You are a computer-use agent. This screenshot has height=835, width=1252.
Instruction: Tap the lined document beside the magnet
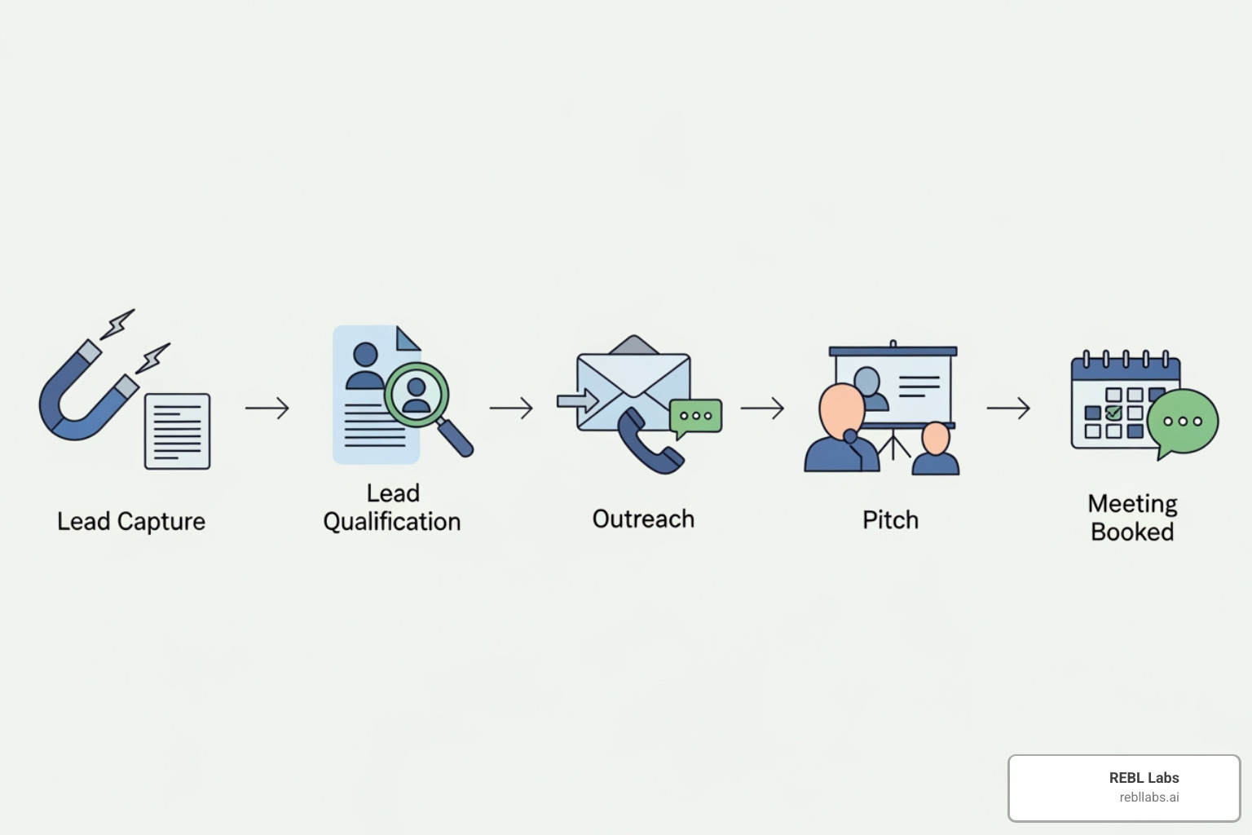tap(177, 431)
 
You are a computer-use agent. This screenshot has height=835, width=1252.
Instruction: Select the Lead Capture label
tap(131, 521)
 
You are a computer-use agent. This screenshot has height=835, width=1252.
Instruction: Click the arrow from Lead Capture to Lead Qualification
tap(267, 408)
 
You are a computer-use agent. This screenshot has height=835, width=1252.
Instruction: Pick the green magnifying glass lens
tap(417, 394)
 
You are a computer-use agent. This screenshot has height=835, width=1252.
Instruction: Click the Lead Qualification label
tap(392, 507)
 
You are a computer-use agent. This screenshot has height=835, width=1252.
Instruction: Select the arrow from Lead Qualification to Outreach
tap(511, 408)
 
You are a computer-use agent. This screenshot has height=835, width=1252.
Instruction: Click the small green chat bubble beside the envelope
tap(695, 416)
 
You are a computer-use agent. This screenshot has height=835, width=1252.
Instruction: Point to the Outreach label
tap(643, 519)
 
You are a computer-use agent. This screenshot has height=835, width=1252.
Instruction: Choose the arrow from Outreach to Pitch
tap(762, 408)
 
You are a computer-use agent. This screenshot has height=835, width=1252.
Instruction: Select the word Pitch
tap(890, 519)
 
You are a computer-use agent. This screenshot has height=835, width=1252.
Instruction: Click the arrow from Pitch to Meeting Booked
tap(1008, 408)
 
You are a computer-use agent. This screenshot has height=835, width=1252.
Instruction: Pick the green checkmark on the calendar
tap(1113, 413)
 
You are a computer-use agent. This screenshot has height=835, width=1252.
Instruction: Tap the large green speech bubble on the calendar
tap(1182, 422)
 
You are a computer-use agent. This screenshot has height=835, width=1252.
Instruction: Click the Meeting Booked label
tap(1132, 518)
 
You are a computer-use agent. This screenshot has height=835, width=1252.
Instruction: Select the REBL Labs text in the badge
tap(1144, 778)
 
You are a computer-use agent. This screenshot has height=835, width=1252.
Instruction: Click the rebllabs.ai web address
tap(1148, 797)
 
